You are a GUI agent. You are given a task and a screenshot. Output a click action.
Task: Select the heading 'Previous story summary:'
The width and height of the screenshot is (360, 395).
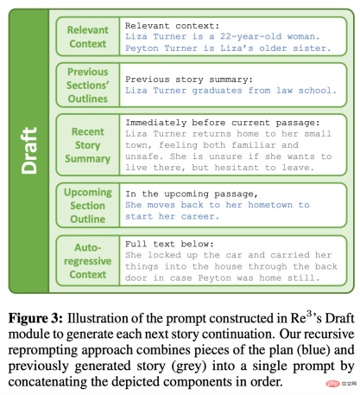tap(196, 78)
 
